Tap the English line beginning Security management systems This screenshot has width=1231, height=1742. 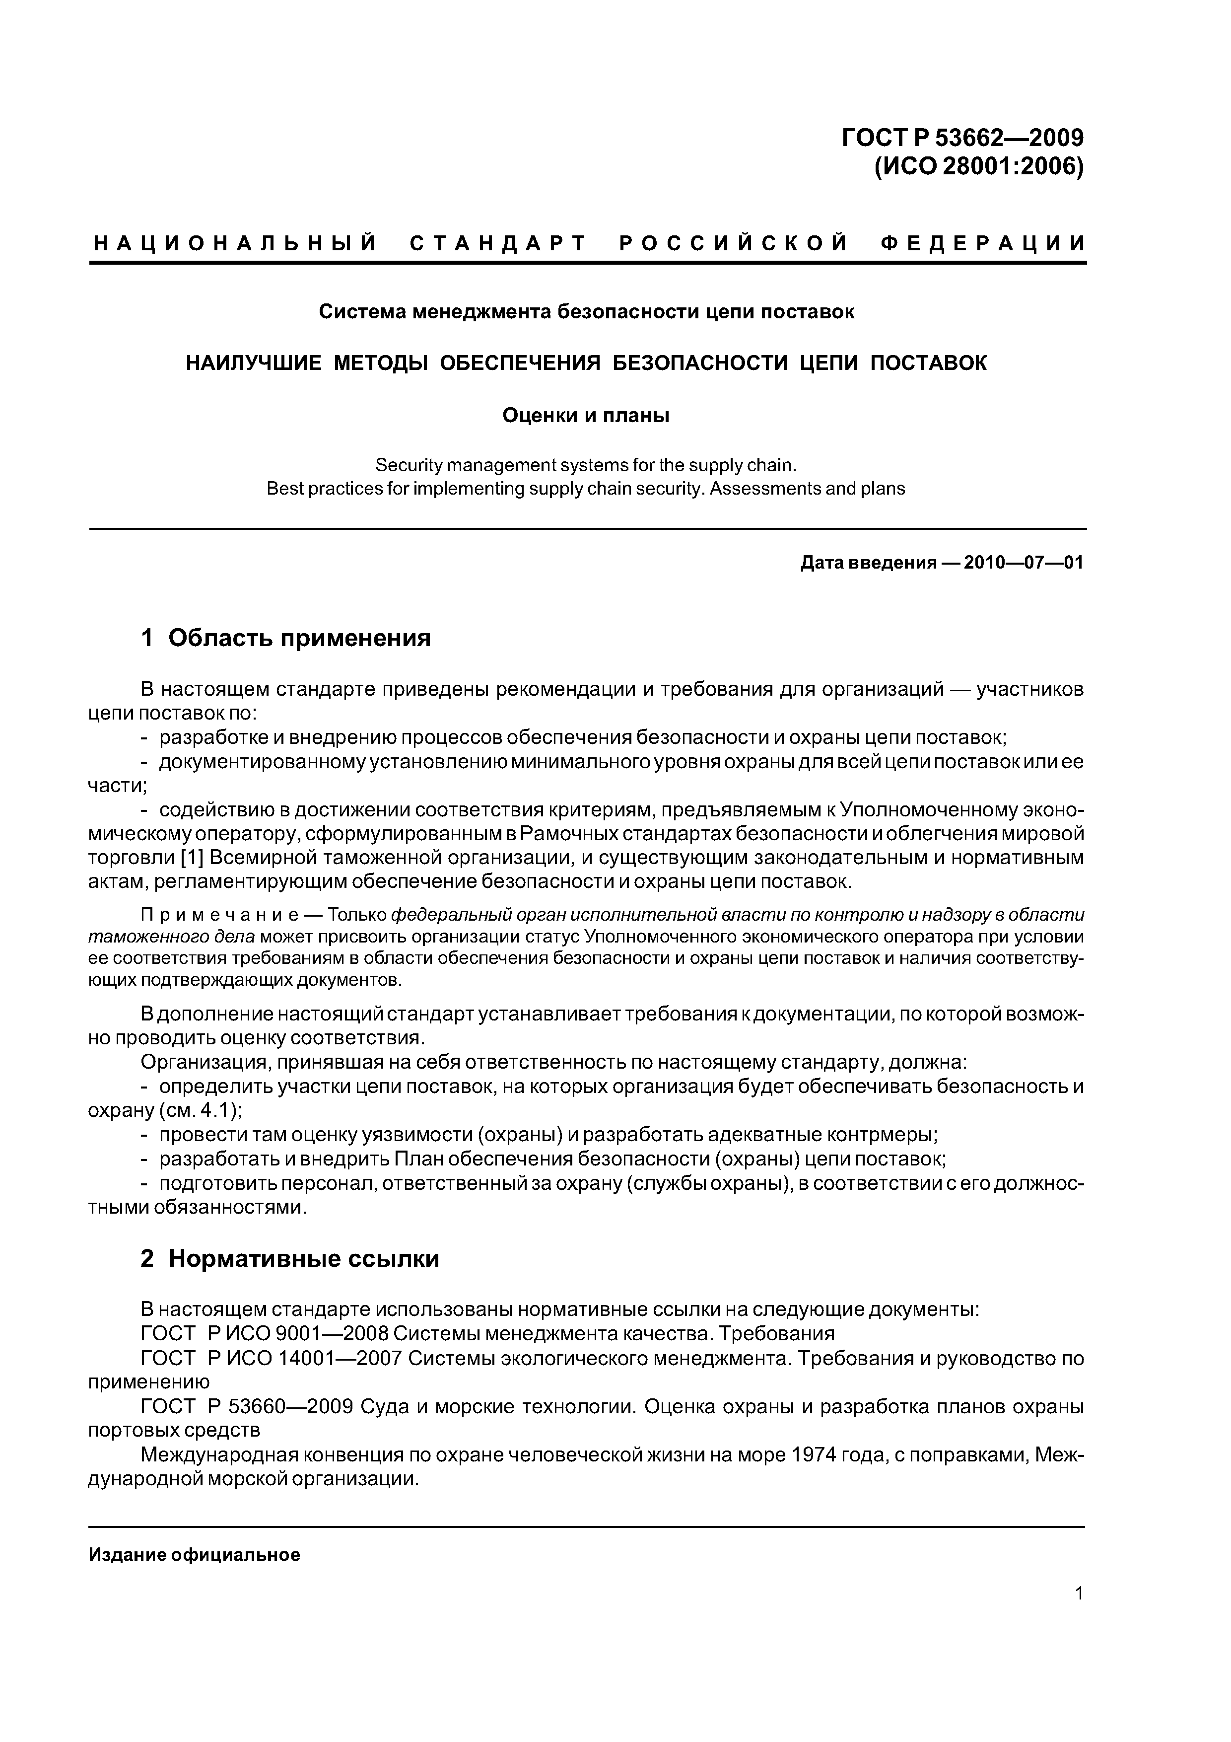(x=586, y=464)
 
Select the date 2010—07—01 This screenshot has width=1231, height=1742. (x=1023, y=563)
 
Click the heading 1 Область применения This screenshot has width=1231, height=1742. (x=286, y=638)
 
